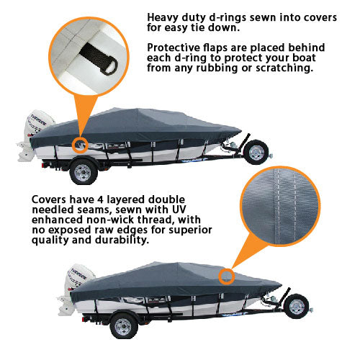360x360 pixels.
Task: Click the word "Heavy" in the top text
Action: pos(163,17)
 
